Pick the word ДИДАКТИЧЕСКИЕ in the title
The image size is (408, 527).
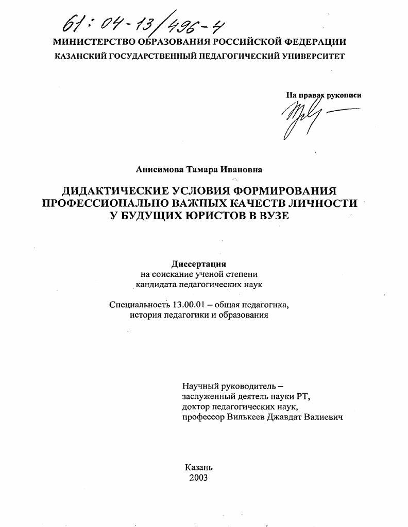tap(116, 190)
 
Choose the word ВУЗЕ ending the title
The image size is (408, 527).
tap(271, 216)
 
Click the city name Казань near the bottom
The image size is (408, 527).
tap(198, 467)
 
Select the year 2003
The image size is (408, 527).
tap(198, 478)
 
